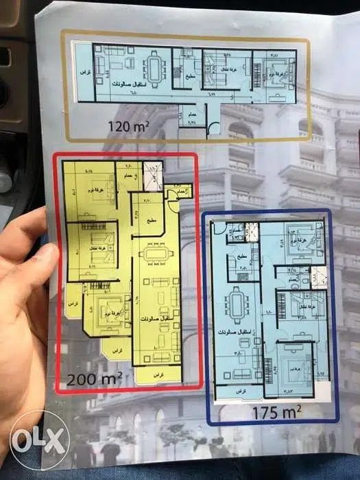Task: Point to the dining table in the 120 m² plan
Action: (x=156, y=69)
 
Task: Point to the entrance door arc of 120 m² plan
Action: (x=216, y=125)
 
